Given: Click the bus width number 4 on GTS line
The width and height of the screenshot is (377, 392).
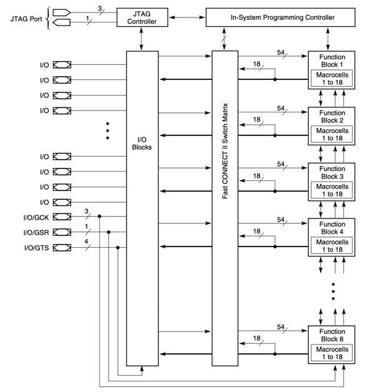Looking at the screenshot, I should (x=87, y=242).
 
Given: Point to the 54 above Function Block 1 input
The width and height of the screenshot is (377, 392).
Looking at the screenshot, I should (x=281, y=52).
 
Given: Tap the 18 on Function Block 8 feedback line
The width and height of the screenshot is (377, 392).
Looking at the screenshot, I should (x=257, y=339).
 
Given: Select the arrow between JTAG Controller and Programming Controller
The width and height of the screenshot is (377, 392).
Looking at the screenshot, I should (x=187, y=17).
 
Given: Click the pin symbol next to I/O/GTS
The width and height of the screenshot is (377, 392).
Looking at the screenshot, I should (x=62, y=248).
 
